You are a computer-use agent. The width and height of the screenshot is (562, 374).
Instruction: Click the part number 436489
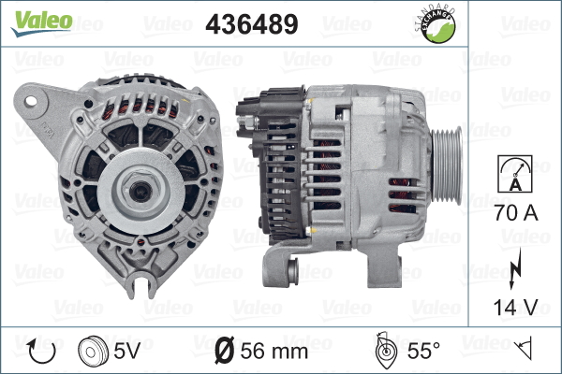252,24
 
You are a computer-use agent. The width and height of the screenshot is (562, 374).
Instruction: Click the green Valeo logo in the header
41,23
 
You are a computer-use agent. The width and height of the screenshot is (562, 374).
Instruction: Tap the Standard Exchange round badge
436,25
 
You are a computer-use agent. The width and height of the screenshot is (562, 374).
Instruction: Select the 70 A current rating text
516,213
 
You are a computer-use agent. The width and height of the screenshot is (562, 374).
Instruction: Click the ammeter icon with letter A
515,174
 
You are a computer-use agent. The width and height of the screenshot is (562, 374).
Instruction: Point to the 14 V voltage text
516,307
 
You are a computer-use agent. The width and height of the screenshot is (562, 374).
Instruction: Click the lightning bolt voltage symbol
515,268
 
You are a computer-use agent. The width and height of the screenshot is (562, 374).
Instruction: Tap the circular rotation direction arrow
41,352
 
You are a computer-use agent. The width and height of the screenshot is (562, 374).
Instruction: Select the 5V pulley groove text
126,351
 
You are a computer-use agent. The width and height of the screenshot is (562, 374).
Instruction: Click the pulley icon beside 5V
93,352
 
